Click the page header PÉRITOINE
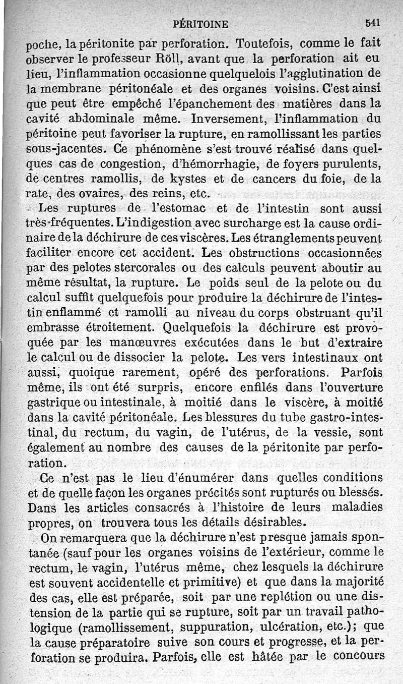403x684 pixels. click(x=200, y=23)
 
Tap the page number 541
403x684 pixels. click(x=372, y=22)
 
